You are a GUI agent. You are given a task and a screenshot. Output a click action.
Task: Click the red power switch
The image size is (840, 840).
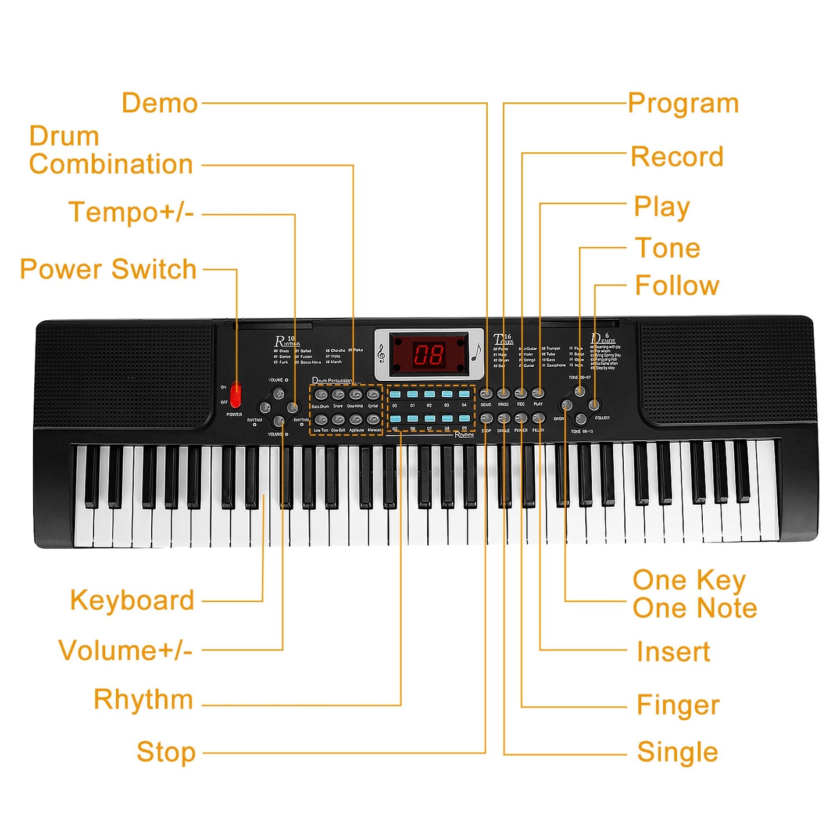click(235, 395)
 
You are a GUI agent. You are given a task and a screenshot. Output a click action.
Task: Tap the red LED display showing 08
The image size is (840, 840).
click(429, 353)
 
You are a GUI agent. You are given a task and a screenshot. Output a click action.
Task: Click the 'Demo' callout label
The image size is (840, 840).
click(160, 103)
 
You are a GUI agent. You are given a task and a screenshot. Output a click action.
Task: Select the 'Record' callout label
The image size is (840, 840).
click(677, 156)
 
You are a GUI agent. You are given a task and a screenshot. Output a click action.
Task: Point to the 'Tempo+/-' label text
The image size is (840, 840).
click(131, 212)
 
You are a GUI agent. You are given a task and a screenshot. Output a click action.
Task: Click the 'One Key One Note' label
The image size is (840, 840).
click(695, 594)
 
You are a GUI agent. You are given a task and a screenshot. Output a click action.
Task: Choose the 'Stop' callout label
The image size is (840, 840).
click(166, 752)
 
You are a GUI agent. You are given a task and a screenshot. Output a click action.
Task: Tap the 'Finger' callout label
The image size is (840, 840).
click(678, 705)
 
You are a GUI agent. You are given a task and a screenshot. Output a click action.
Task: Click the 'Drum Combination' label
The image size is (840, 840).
click(110, 151)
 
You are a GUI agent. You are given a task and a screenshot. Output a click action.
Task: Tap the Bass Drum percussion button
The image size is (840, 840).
click(321, 395)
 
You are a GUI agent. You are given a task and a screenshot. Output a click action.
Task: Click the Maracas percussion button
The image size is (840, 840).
click(374, 419)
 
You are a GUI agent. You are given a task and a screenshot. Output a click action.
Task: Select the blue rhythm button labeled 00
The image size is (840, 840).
click(395, 394)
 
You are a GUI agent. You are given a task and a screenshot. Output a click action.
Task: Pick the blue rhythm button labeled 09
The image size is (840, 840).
click(464, 419)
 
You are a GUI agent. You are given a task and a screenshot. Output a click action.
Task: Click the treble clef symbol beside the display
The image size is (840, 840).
click(381, 353)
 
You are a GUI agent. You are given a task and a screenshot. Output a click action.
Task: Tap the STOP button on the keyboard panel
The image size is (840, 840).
click(487, 419)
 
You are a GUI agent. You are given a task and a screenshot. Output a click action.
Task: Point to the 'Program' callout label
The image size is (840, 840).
click(683, 103)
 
